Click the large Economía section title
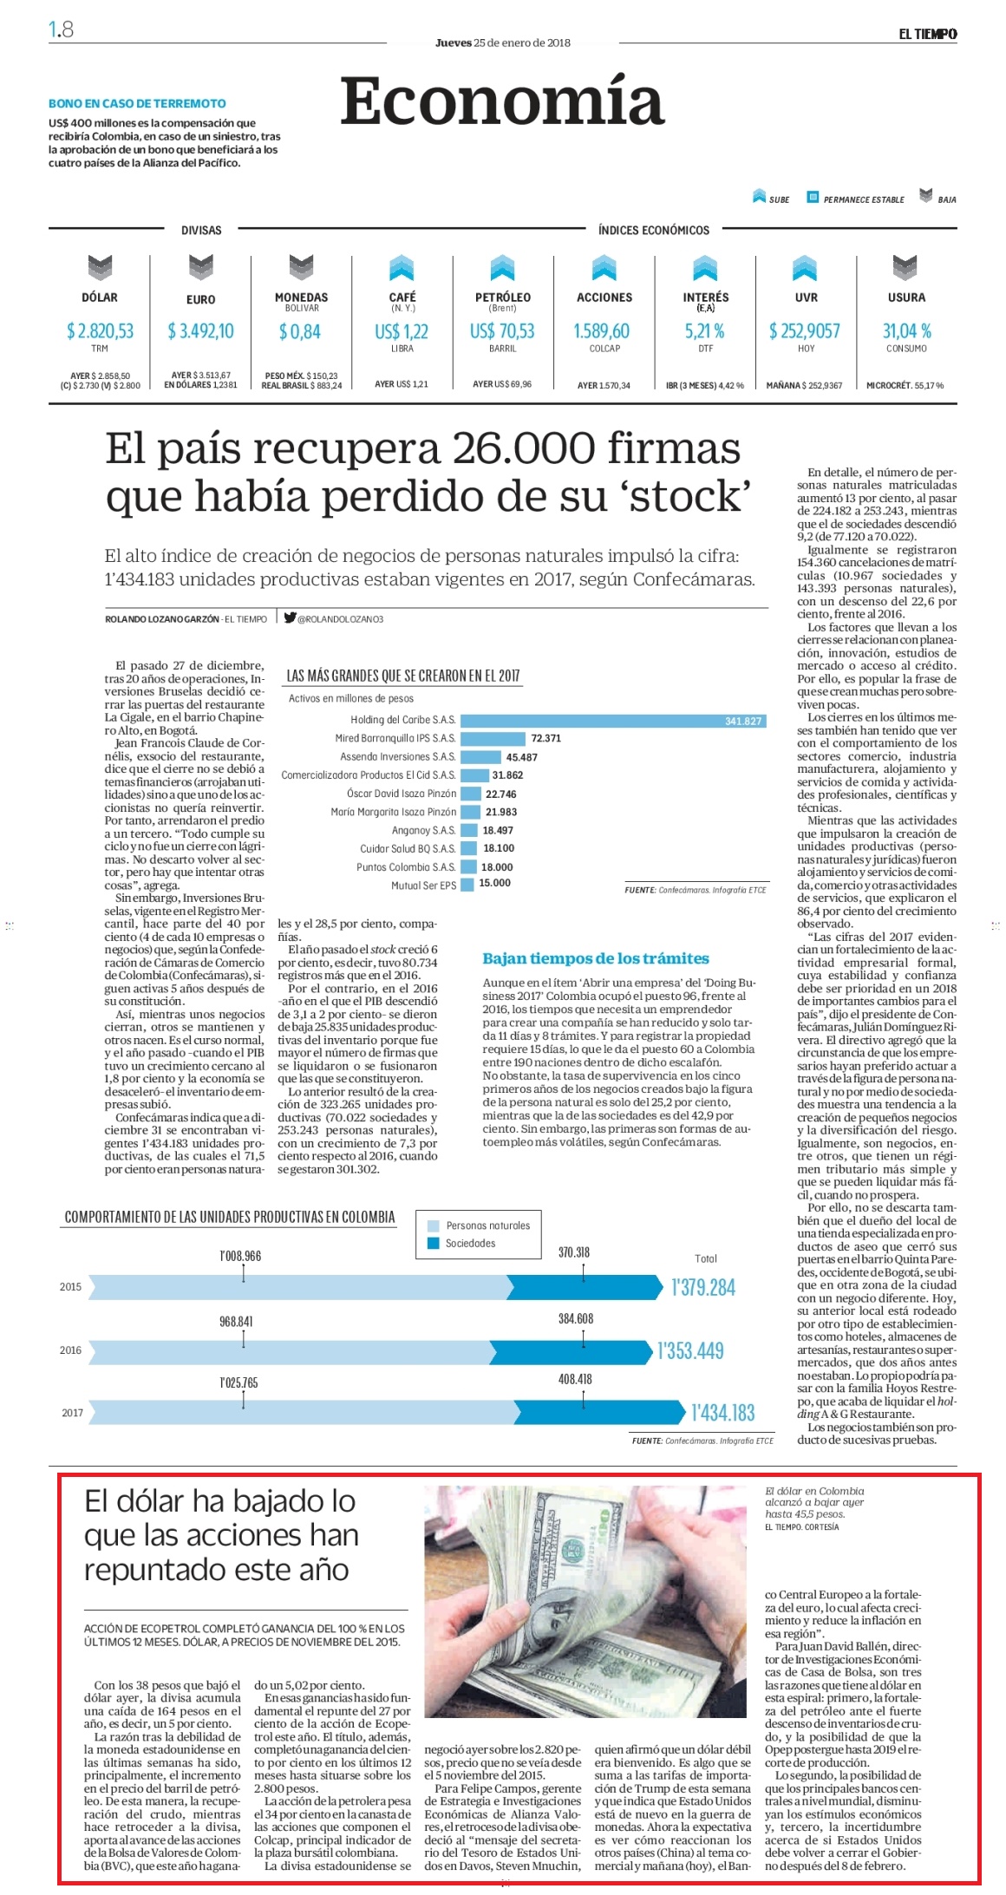pyautogui.click(x=502, y=101)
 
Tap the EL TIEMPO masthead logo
pyautogui.click(x=927, y=34)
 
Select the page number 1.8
pyautogui.click(x=61, y=29)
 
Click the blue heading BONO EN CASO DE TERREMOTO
pyautogui.click(x=137, y=103)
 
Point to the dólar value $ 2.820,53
pyautogui.click(x=100, y=330)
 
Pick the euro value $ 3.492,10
pyautogui.click(x=200, y=330)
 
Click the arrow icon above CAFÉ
pyautogui.click(x=402, y=268)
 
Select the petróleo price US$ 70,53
pyautogui.click(x=502, y=331)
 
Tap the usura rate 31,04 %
pyautogui.click(x=906, y=330)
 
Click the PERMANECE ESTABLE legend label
pyautogui.click(x=864, y=199)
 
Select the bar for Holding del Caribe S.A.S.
pyautogui.click(x=613, y=721)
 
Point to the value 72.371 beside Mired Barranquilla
pyautogui.click(x=546, y=738)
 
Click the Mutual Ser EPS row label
pyautogui.click(x=423, y=885)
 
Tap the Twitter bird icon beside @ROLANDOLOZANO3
pyautogui.click(x=290, y=618)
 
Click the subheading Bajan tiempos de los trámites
pyautogui.click(x=596, y=958)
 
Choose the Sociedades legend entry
pyautogui.click(x=470, y=1243)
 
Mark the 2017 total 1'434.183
pyautogui.click(x=723, y=1413)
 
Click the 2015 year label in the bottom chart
pyautogui.click(x=70, y=1287)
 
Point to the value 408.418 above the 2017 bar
pyautogui.click(x=575, y=1379)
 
